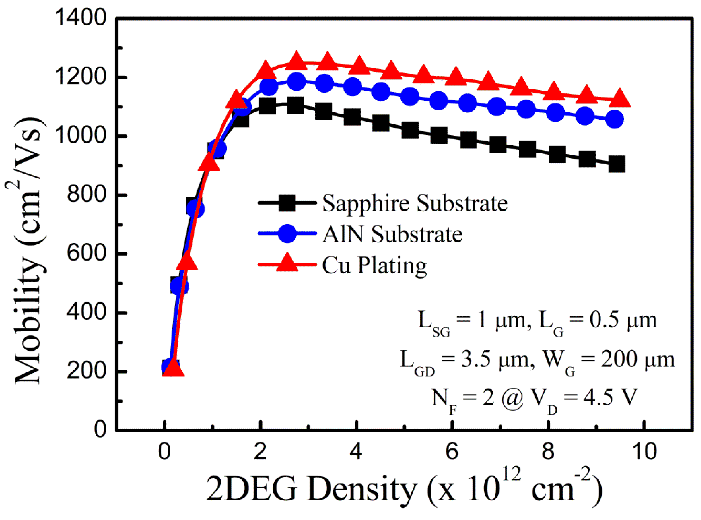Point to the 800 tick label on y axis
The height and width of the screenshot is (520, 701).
(x=85, y=194)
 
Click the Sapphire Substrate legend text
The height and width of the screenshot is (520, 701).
(x=414, y=203)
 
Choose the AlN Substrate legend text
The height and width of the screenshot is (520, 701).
(x=392, y=235)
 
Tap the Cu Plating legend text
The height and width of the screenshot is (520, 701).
(x=374, y=265)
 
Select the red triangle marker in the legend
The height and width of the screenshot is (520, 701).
(x=287, y=263)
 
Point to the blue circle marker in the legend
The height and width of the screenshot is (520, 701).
(x=287, y=233)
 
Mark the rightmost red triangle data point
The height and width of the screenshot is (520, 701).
(x=619, y=98)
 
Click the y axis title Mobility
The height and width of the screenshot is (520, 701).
(x=28, y=252)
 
